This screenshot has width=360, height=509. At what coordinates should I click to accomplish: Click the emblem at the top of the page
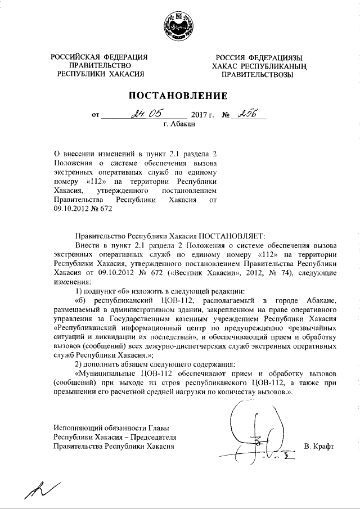(180, 26)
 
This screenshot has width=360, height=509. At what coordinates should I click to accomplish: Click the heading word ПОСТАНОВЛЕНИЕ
(180, 95)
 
